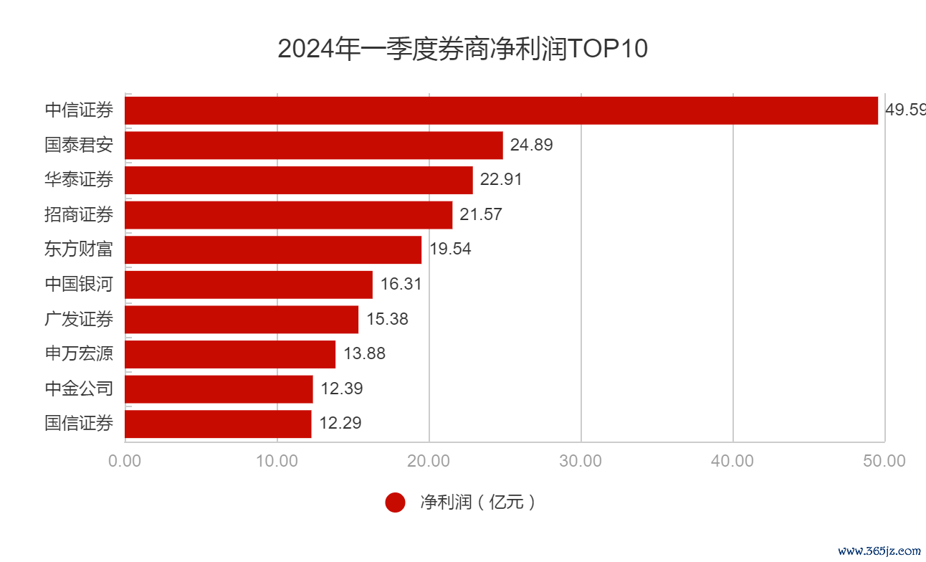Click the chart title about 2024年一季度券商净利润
click(x=462, y=49)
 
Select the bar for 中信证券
click(x=502, y=110)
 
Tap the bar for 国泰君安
click(x=314, y=146)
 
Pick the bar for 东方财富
click(x=273, y=249)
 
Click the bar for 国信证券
click(x=218, y=424)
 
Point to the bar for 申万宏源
click(x=230, y=354)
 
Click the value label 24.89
click(x=531, y=146)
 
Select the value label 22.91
click(x=501, y=180)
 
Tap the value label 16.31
click(x=401, y=285)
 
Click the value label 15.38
click(x=387, y=319)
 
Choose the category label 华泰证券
click(x=79, y=180)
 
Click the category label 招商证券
click(x=79, y=214)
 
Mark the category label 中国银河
click(x=79, y=285)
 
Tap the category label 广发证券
click(x=79, y=319)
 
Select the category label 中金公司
click(x=79, y=389)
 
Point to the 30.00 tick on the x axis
click(x=581, y=461)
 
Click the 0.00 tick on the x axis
click(x=125, y=461)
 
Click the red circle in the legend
click(x=395, y=503)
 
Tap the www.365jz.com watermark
click(x=879, y=551)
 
